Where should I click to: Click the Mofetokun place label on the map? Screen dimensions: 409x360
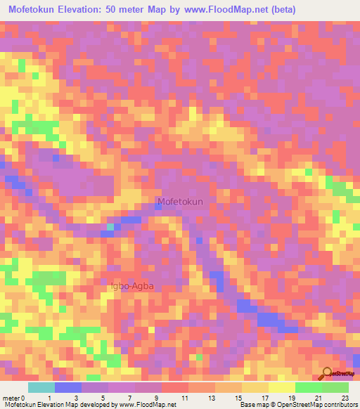coord(180,202)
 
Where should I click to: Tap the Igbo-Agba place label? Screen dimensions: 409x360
coord(132,287)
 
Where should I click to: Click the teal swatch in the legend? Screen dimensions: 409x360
coord(41,387)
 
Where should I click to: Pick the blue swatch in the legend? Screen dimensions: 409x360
coord(68,387)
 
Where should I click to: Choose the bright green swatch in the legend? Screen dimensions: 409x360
coord(309,387)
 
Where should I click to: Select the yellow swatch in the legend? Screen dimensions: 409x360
coord(282,387)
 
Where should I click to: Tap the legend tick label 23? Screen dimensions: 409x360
coord(344,397)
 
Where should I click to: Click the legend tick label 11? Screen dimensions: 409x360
coord(184,397)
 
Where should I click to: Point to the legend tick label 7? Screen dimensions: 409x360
coord(131,397)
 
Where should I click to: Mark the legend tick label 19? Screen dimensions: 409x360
coord(290,397)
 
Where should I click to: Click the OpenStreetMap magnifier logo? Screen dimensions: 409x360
coord(326,374)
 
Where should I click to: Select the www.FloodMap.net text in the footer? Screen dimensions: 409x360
coord(148,405)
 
